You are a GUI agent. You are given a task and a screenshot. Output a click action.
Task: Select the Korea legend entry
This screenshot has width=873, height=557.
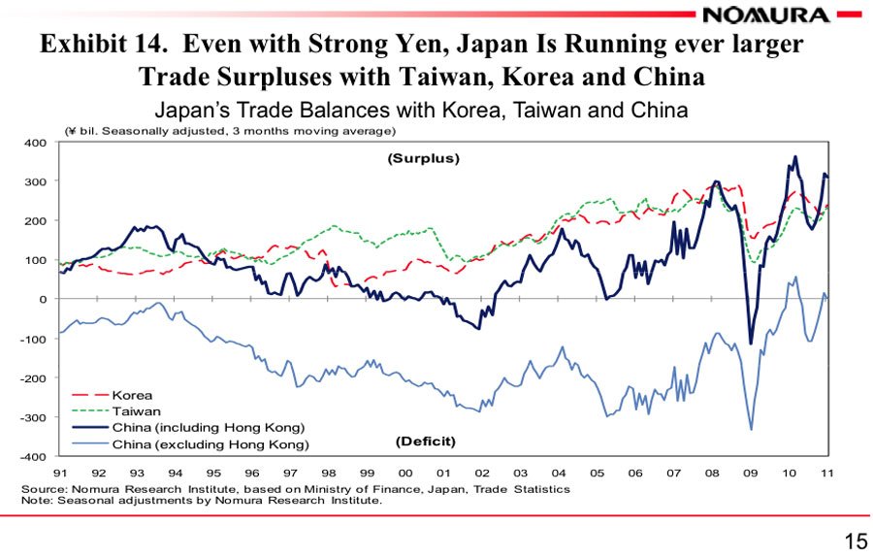pos(132,396)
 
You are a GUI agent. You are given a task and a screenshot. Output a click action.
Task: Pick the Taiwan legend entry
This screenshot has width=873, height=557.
pos(136,411)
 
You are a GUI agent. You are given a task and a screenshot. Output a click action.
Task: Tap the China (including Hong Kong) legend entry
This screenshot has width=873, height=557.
pos(208,428)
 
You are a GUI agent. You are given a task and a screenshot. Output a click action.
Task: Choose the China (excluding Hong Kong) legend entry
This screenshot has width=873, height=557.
pos(210,444)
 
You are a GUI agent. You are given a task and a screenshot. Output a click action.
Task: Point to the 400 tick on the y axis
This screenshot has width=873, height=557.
pos(35,143)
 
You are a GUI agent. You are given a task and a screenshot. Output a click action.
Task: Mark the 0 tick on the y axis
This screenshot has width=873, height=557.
pos(43,299)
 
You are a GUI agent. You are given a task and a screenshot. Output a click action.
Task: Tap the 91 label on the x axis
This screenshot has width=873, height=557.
pos(59,473)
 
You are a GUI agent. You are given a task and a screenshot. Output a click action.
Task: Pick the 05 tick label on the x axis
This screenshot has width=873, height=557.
pos(598,473)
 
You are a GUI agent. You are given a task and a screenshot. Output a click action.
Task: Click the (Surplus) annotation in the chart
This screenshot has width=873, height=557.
pos(423,158)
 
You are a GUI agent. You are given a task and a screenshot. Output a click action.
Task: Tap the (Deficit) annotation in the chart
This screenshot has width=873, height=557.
pos(425,442)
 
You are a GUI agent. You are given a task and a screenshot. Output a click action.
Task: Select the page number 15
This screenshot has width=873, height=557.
pos(857,541)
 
